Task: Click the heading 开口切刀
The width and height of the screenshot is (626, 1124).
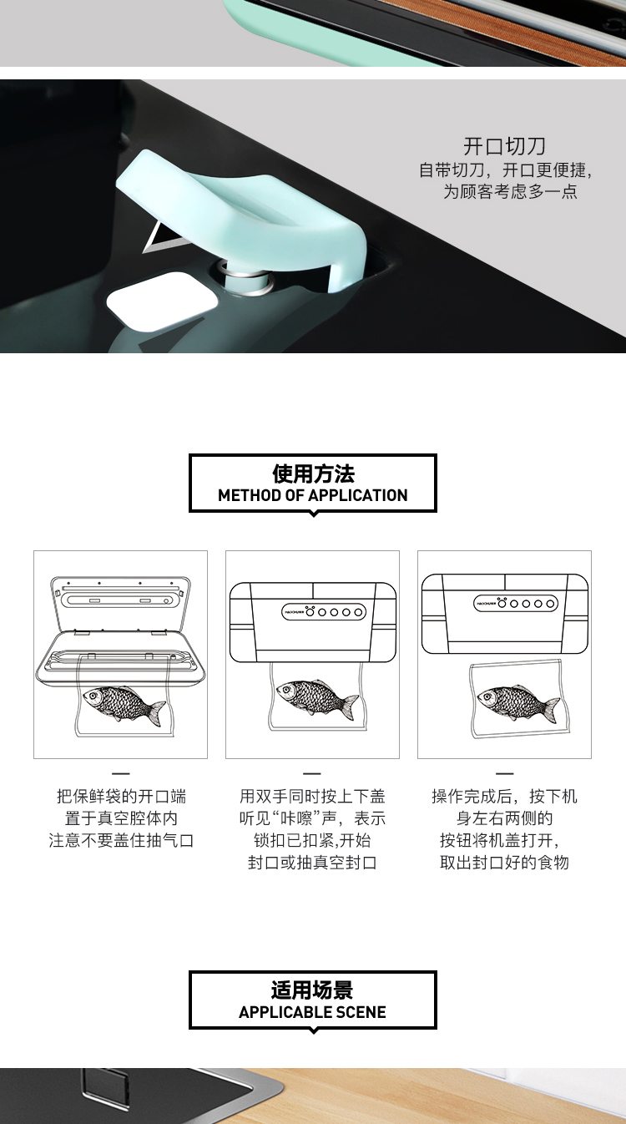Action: point(504,146)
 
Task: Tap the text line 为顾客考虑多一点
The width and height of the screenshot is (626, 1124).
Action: point(510,191)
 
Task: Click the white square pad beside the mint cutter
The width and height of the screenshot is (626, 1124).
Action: point(163,301)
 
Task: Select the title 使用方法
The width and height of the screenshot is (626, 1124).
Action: point(313,473)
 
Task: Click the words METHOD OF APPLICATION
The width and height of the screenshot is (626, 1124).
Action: point(313,495)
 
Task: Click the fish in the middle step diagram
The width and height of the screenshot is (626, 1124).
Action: point(317,697)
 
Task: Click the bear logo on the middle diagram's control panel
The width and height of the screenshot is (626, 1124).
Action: point(310,611)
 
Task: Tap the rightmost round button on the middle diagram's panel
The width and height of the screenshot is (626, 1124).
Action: point(358,612)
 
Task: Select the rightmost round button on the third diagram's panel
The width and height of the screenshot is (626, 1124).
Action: point(550,604)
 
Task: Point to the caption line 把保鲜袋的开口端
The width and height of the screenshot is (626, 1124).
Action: point(121,797)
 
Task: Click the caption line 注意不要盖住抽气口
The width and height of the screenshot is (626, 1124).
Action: point(121,840)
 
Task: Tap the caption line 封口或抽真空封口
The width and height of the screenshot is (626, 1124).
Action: point(312,863)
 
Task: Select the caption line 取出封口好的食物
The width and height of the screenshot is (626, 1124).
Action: point(504,863)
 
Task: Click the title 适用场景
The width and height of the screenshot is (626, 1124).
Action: point(312,990)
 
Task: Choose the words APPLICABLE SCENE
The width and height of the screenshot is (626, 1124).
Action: point(312,1012)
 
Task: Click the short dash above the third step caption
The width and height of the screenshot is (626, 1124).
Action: point(504,773)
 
